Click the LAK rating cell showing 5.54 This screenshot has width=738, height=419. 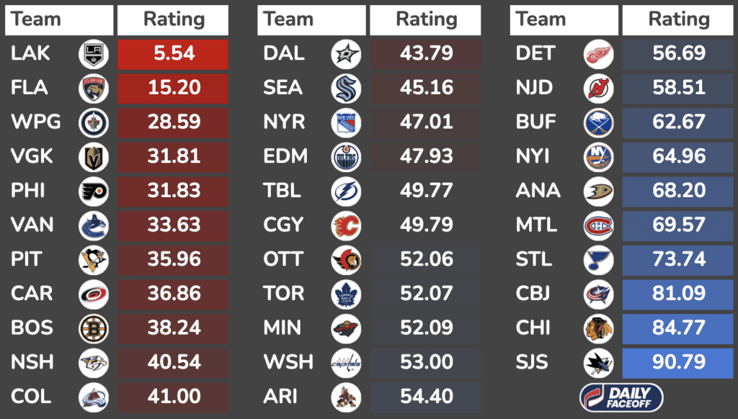point(173,54)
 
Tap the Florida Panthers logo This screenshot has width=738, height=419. point(94,89)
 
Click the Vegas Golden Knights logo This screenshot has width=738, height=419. point(94,157)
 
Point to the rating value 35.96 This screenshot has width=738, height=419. point(173,259)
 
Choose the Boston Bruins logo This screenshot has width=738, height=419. point(94,328)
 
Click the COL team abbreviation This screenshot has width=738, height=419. point(32,397)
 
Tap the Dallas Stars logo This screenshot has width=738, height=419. point(346,54)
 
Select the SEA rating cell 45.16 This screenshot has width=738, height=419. point(426,89)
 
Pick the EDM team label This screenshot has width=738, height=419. point(285,157)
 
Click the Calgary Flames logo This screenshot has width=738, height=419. point(346,225)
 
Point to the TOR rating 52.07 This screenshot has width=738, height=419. point(426,294)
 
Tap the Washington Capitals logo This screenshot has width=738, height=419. point(346,362)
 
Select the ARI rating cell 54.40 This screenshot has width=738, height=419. point(426,397)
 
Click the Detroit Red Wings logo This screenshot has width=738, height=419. point(598,54)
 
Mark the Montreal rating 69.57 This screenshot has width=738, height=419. point(678,225)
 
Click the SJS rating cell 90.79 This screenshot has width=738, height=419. point(678,362)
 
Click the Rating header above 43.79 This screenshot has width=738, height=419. point(426,20)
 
